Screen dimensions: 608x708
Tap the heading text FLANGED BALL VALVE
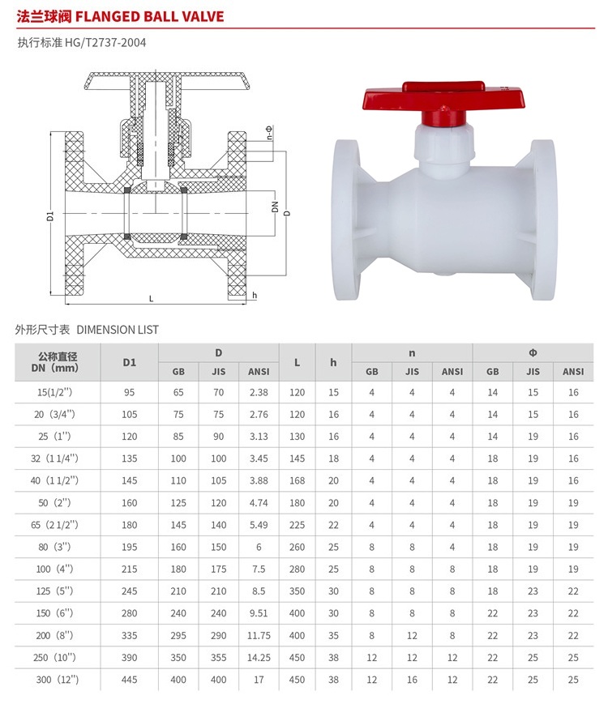pos(149,17)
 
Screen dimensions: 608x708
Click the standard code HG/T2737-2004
pos(105,43)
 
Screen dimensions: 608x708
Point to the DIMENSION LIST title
pos(118,330)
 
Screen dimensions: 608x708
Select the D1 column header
pos(129,362)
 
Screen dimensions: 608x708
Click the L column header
pos(297,362)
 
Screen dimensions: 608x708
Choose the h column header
pos(333,362)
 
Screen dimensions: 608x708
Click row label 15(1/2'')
pos(54,392)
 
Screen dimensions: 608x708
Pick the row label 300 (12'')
pos(57,680)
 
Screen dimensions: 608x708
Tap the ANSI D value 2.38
pos(259,392)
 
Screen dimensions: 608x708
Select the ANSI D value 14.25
pos(259,658)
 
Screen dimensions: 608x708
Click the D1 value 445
pos(129,680)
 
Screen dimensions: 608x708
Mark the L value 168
pos(297,480)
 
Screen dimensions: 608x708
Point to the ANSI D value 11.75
pos(259,635)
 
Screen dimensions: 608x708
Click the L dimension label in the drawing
pos(151,298)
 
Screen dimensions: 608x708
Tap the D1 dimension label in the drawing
pos(50,216)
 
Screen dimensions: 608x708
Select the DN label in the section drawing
pos(275,207)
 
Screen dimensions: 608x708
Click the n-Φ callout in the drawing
pos(270,133)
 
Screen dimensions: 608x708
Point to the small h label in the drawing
pos(255,296)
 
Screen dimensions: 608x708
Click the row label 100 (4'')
pos(54,569)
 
